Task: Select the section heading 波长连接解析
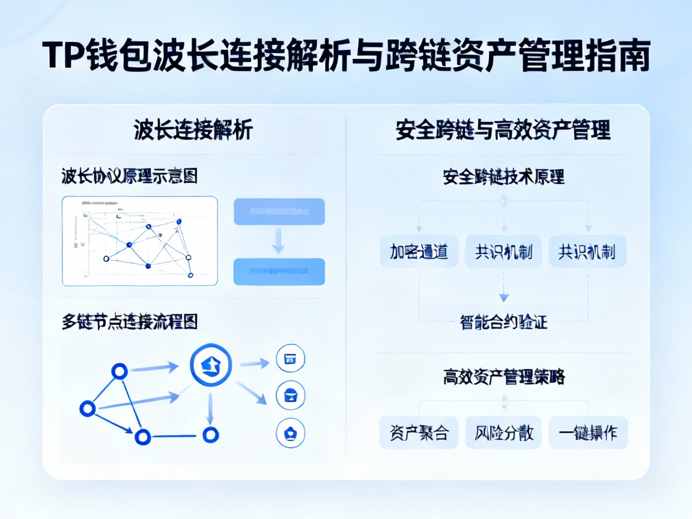[193, 130]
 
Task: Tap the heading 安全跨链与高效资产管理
[503, 130]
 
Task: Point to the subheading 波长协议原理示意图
[129, 176]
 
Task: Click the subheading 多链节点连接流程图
[129, 322]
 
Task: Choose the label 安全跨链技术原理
[503, 177]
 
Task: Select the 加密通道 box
[419, 252]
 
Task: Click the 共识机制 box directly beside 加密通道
[503, 252]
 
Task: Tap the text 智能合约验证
[503, 322]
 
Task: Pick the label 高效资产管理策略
[503, 377]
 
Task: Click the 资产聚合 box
[419, 432]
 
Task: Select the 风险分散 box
[503, 432]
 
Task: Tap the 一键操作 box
[587, 432]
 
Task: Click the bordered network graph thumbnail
[140, 241]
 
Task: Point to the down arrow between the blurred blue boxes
[279, 241]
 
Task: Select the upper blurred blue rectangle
[279, 211]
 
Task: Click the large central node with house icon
[210, 365]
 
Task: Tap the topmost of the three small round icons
[290, 359]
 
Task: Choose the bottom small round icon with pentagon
[290, 432]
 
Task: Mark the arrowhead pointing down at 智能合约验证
[503, 297]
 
